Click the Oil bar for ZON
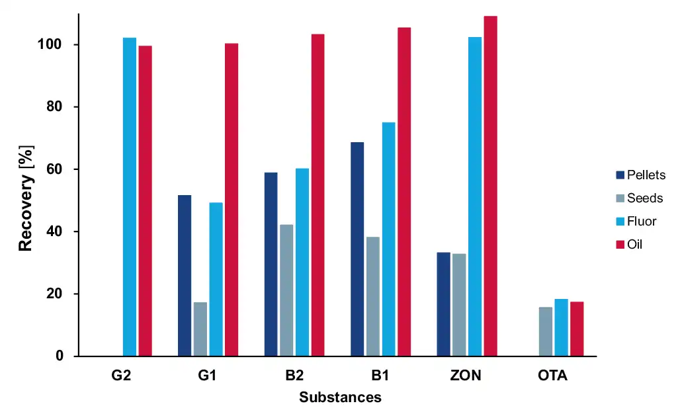point(490,186)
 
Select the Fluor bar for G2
point(130,196)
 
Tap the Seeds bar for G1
point(200,329)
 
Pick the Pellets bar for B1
point(357,249)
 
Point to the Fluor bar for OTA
point(561,327)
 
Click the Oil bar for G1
point(232,199)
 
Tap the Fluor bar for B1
point(388,239)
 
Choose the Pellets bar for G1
point(185,275)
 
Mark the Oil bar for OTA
point(577,329)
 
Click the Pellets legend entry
point(640,175)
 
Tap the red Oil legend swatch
point(620,245)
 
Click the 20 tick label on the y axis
point(63,294)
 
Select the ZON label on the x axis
point(466,376)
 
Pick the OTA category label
point(552,376)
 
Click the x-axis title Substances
point(340,398)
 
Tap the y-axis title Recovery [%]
point(25,198)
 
